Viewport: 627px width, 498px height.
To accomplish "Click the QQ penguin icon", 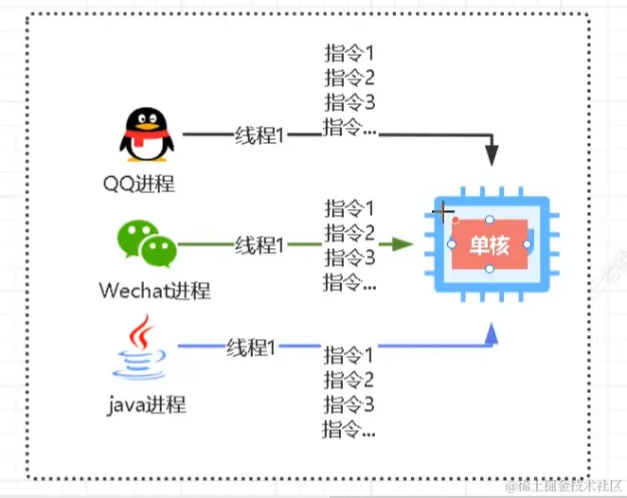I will point(148,134).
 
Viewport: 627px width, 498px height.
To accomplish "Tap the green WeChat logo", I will point(146,241).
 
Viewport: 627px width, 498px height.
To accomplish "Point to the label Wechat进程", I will point(154,290).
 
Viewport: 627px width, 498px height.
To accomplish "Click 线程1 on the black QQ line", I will point(260,135).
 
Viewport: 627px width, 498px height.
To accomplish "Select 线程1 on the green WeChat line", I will point(260,245).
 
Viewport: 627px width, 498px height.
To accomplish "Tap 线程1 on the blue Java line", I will point(251,347).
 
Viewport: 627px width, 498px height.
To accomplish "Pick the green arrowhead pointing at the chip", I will point(403,244).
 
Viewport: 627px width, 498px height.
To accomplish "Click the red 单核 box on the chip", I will point(489,245).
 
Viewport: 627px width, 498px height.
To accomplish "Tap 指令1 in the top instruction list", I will point(349,53).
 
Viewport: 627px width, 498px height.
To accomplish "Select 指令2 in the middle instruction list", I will point(349,232).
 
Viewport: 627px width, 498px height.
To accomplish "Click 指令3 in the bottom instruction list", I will point(349,405).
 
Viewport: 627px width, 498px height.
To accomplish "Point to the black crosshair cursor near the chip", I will point(442,211).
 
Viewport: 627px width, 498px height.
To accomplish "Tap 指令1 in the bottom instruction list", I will point(349,356).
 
